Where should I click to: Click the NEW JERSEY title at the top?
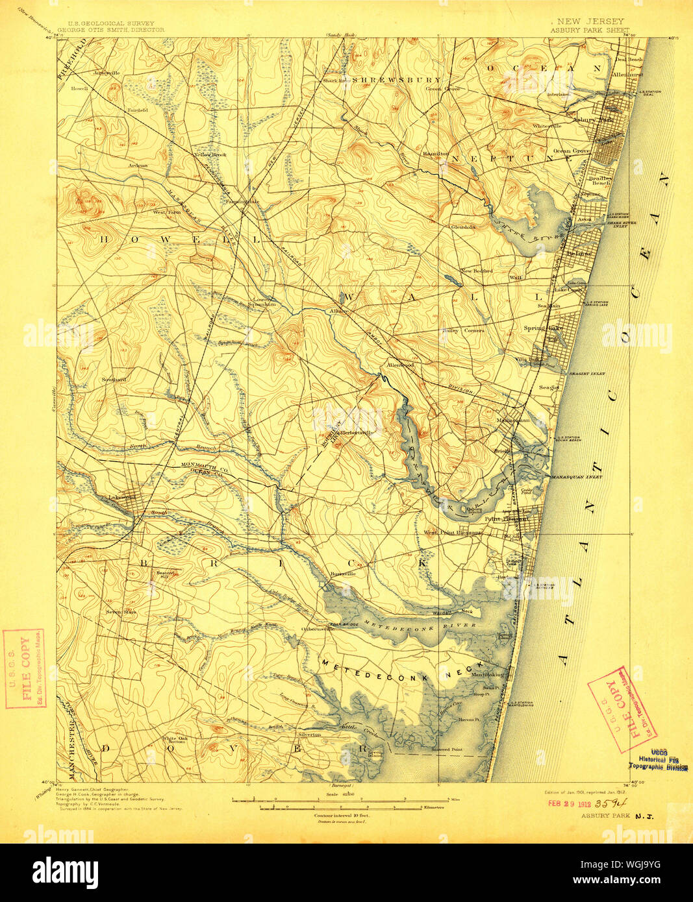coord(589,21)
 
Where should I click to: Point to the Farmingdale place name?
coord(242,201)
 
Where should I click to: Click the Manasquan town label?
coord(512,420)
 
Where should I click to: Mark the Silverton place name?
coord(309,735)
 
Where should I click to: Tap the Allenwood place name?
coord(400,365)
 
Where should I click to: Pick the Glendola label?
coord(463,227)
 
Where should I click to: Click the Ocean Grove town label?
coord(571,151)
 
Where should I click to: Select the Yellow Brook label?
coord(210,155)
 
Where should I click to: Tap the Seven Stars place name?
coord(121,611)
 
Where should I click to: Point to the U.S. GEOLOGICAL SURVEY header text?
coord(105,23)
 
